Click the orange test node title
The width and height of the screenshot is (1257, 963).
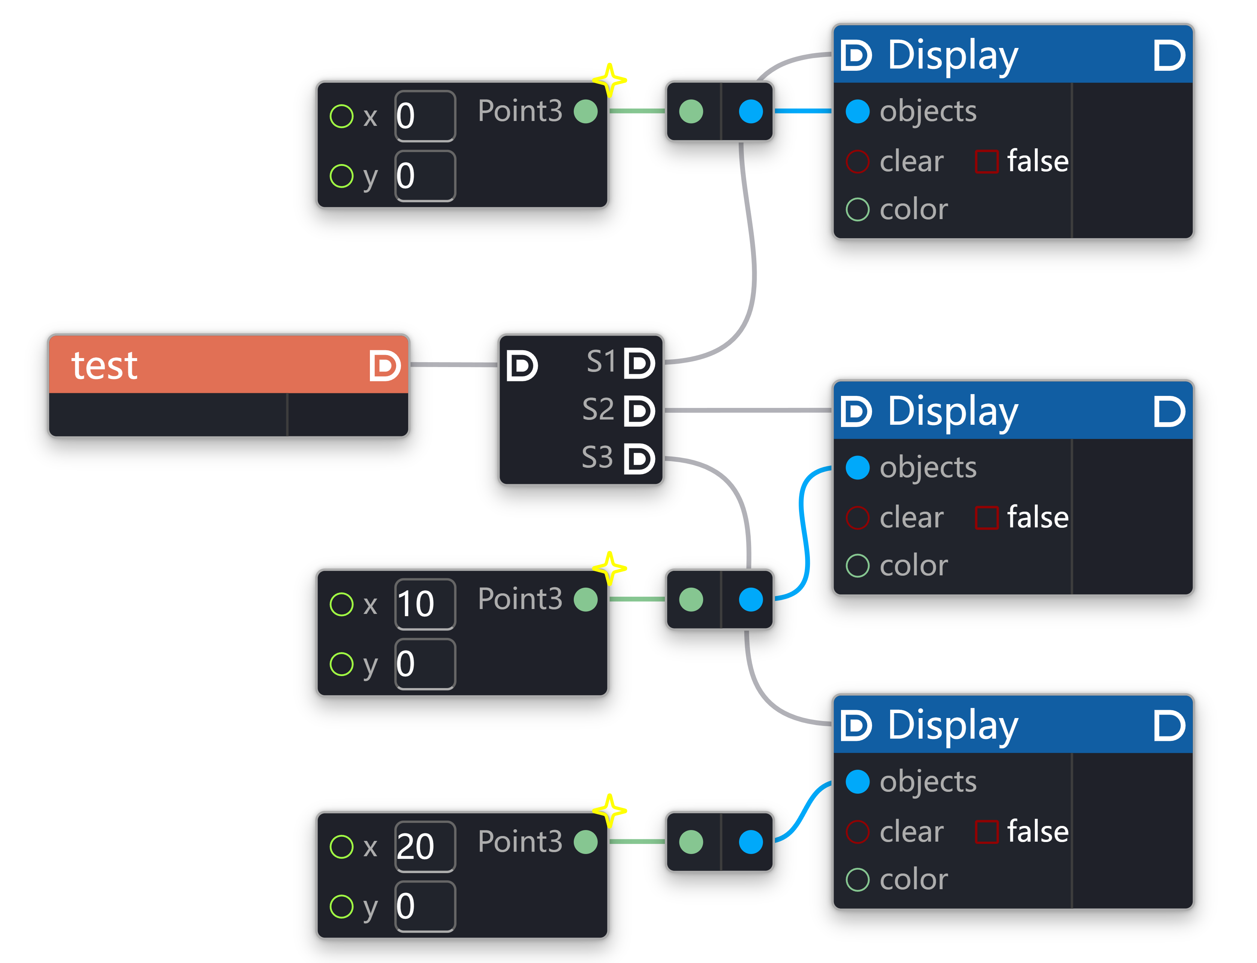104,365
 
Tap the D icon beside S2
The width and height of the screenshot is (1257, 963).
639,411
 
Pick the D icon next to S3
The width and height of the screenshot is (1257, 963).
639,458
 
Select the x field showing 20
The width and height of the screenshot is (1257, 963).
424,847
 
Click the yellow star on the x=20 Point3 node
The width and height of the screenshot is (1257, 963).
610,811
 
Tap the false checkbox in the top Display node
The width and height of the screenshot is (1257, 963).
986,161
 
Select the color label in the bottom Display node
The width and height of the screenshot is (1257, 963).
913,879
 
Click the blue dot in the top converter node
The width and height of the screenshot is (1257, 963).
751,111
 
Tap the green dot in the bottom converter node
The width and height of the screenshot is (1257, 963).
691,842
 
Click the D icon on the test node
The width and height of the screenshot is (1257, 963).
385,366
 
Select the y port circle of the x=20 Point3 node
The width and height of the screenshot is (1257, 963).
342,906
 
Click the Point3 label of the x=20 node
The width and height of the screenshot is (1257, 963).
519,842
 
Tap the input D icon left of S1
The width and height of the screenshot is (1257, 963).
522,366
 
